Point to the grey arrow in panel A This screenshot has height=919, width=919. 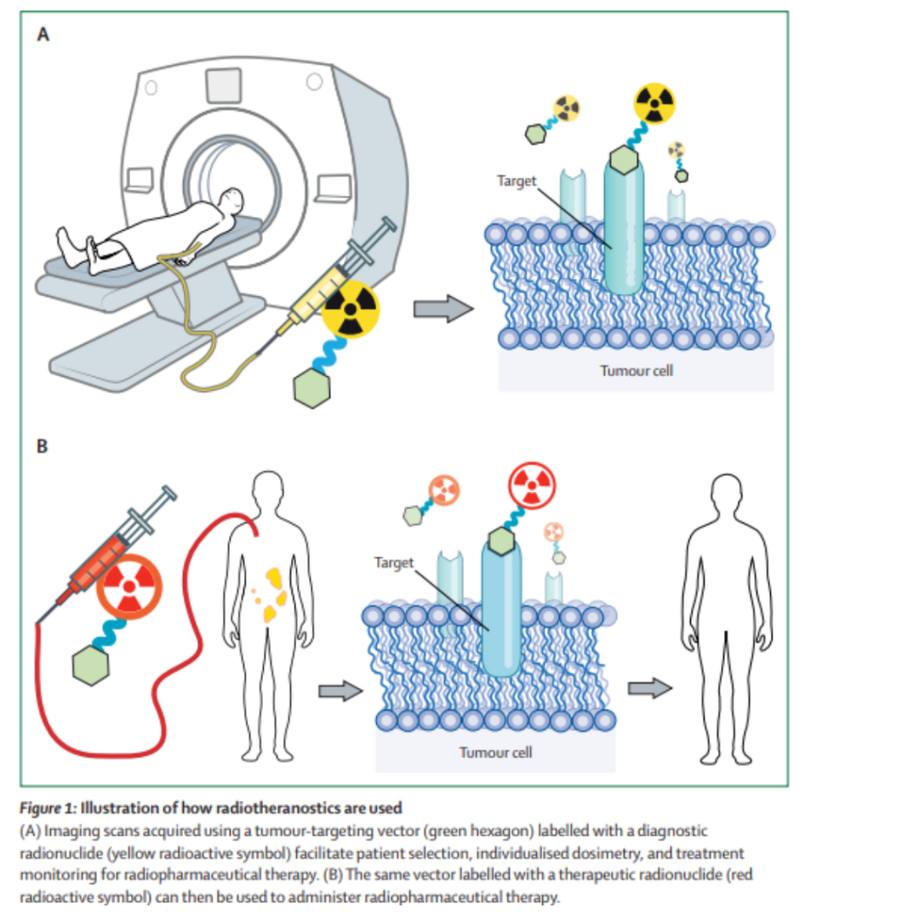click(442, 310)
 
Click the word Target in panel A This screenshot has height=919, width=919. click(516, 180)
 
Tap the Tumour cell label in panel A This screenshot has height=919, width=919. click(636, 370)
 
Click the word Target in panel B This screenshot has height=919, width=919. click(394, 563)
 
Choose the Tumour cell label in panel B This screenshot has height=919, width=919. click(495, 751)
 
